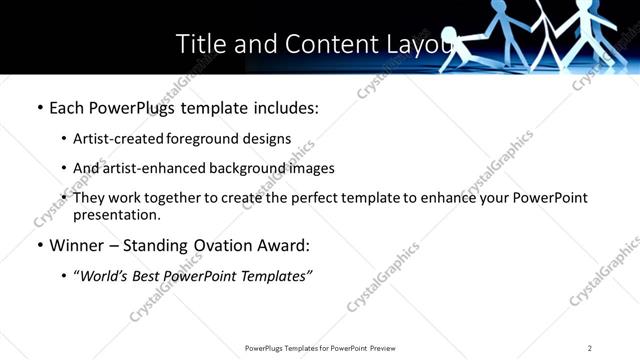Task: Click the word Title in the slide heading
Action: tap(201, 44)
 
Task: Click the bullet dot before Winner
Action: tap(39, 245)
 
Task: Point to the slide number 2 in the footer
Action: tap(590, 348)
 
